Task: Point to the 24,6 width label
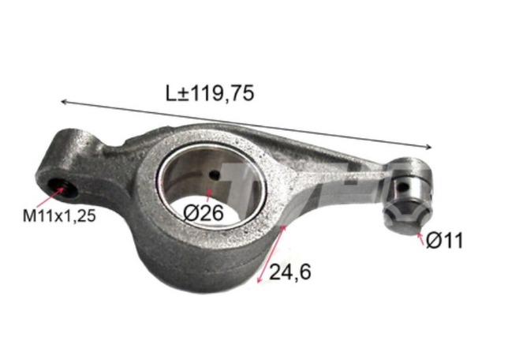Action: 290,272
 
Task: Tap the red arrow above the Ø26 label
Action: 209,193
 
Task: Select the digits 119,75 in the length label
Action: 223,93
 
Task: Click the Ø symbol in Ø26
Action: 190,212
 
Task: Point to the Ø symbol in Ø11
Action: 434,241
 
